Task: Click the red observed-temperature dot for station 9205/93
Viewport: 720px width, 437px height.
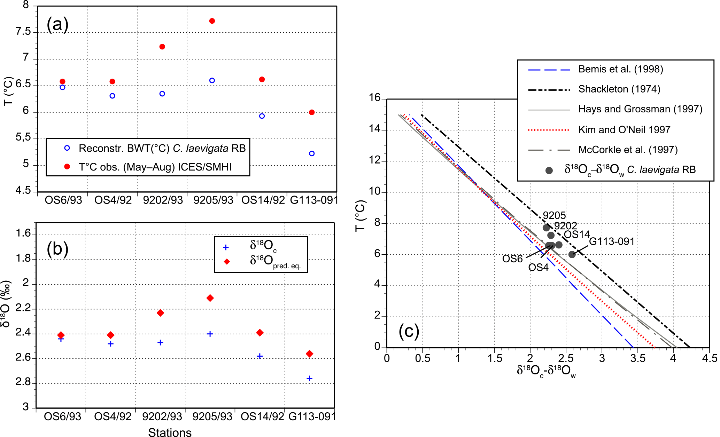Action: (x=212, y=21)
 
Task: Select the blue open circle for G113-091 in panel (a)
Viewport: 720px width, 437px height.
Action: (x=312, y=153)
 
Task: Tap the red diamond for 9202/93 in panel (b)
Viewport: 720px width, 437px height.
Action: (x=160, y=313)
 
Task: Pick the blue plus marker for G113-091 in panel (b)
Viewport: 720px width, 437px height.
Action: (x=309, y=378)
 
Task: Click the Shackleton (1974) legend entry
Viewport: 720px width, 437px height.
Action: (x=619, y=89)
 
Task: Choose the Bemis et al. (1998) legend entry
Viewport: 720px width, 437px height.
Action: (x=620, y=69)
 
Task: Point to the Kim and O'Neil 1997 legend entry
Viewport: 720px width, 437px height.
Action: (x=624, y=130)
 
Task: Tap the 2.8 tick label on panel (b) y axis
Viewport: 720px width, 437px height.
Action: (x=23, y=382)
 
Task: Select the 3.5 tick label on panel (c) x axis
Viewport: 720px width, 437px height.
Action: (x=637, y=358)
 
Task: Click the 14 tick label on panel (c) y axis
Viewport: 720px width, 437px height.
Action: (x=375, y=129)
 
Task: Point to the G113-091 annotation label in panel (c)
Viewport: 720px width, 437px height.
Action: (x=612, y=241)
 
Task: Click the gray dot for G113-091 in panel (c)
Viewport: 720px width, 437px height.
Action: (x=572, y=254)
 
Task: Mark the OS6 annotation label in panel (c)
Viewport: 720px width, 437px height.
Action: (x=512, y=259)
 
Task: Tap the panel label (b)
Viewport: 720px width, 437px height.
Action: (x=57, y=249)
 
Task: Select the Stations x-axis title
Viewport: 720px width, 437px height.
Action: (x=170, y=432)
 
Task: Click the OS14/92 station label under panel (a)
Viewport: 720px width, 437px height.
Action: (x=263, y=200)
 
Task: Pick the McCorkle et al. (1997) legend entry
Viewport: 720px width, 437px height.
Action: (x=628, y=150)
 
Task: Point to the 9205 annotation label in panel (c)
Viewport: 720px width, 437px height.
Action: (x=554, y=216)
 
